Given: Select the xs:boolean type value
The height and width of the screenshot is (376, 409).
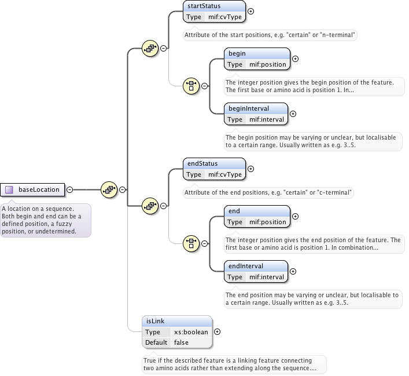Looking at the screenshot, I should pyautogui.click(x=191, y=332).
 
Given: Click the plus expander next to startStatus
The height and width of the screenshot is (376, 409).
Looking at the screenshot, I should pyautogui.click(x=250, y=11).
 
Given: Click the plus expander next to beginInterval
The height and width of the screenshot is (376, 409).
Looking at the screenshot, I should pyautogui.click(x=293, y=114).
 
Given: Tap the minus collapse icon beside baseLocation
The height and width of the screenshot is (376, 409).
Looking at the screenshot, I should pyautogui.click(x=69, y=189).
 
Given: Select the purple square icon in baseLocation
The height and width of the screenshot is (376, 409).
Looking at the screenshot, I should pyautogui.click(x=9, y=189).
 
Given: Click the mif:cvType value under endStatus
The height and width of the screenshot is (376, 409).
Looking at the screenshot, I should pyautogui.click(x=225, y=174).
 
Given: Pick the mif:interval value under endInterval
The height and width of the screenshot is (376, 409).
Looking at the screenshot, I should pyautogui.click(x=267, y=277).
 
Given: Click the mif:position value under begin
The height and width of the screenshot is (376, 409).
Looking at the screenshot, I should pyautogui.click(x=267, y=64).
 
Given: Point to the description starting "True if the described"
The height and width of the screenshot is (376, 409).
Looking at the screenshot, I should pyautogui.click(x=234, y=364).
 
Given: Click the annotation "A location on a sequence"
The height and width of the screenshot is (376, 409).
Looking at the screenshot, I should pyautogui.click(x=45, y=220).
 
